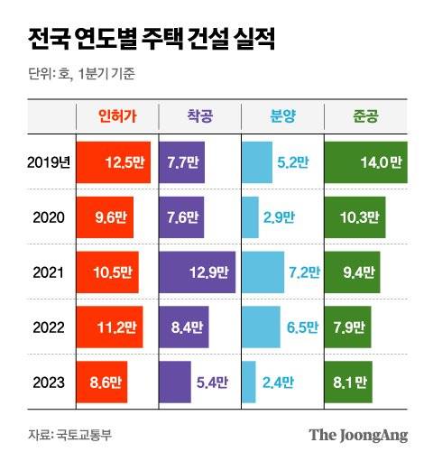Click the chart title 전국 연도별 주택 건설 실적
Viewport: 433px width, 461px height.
click(151, 39)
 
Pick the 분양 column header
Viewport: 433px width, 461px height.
click(280, 115)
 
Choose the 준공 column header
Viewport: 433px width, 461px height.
click(365, 115)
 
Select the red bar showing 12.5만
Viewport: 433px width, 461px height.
click(114, 163)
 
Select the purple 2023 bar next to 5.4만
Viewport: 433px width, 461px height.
click(175, 382)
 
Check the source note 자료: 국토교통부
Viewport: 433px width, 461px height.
click(69, 435)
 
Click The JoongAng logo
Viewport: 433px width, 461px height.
click(358, 435)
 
